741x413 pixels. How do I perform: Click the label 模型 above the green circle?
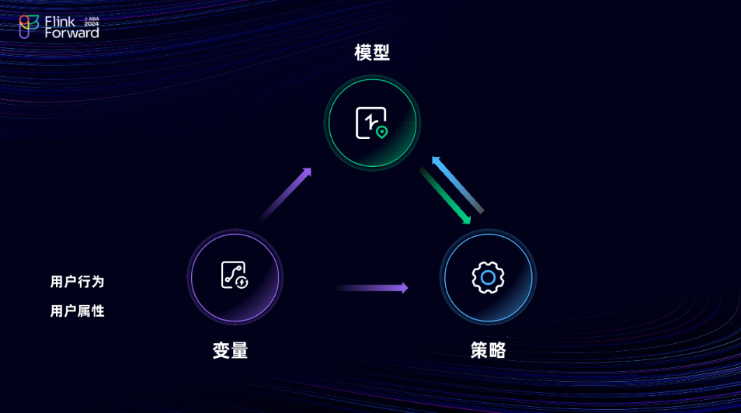(372, 53)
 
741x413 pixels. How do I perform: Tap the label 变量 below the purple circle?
(230, 351)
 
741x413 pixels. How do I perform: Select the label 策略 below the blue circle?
(488, 351)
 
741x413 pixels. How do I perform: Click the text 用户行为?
(77, 282)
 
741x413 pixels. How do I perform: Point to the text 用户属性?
(77, 311)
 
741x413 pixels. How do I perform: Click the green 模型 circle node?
(372, 123)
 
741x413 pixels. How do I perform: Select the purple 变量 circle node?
(235, 277)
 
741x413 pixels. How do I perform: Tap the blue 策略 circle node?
(488, 277)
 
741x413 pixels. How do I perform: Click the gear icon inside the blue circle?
(488, 277)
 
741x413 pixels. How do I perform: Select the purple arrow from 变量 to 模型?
(285, 194)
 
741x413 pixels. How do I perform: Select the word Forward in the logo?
(71, 33)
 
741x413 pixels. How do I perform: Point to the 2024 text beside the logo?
(92, 24)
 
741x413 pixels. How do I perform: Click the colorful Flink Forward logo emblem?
(29, 26)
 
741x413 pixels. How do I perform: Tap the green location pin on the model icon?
(381, 132)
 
